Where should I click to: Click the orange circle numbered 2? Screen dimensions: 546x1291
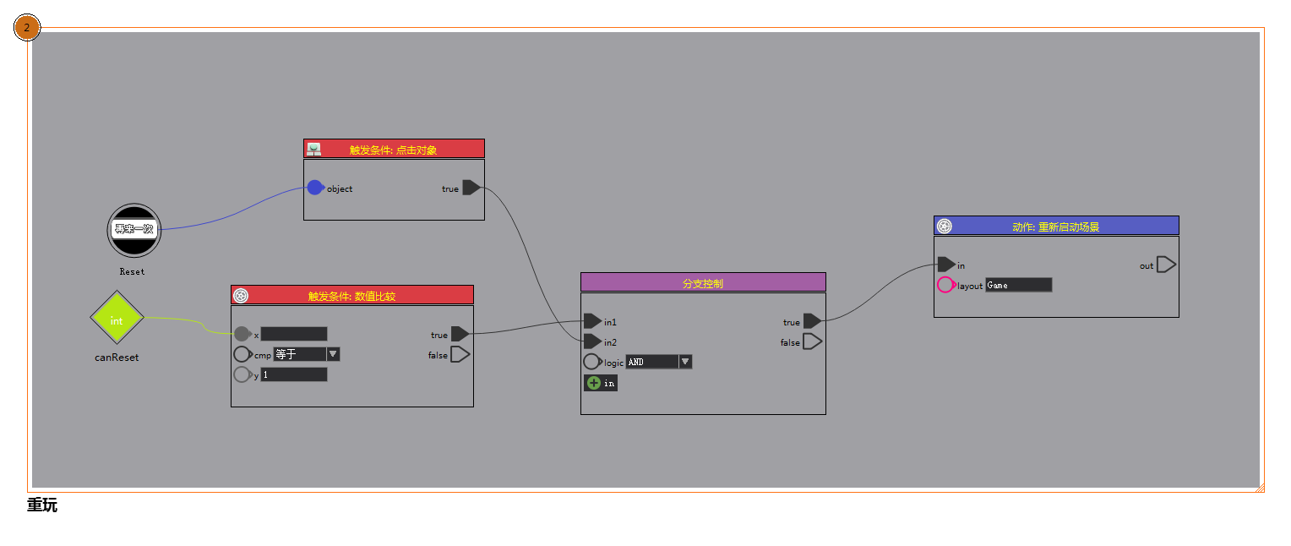(x=27, y=28)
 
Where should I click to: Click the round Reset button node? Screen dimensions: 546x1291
(x=133, y=230)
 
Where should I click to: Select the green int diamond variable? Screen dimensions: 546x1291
(x=117, y=319)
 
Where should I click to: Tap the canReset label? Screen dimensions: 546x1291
(x=117, y=358)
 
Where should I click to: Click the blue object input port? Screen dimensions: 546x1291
(x=314, y=188)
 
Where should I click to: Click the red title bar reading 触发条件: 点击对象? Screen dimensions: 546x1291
(x=394, y=149)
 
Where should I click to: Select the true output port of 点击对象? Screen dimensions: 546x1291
(x=471, y=188)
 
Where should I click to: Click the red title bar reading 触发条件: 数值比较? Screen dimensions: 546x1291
(x=351, y=295)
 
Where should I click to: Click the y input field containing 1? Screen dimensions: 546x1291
(x=293, y=374)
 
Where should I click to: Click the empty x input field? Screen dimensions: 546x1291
(x=293, y=334)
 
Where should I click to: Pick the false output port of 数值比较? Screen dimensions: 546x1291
(x=460, y=354)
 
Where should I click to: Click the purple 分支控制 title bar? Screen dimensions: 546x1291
(x=702, y=282)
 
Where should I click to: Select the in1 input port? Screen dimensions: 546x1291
(x=592, y=321)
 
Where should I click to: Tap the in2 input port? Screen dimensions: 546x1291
(x=592, y=341)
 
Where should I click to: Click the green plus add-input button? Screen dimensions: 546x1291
(x=593, y=383)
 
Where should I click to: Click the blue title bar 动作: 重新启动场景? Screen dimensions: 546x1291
(x=1055, y=226)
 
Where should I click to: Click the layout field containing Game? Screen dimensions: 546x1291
(x=1018, y=285)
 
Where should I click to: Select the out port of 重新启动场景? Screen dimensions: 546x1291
(x=1165, y=265)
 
